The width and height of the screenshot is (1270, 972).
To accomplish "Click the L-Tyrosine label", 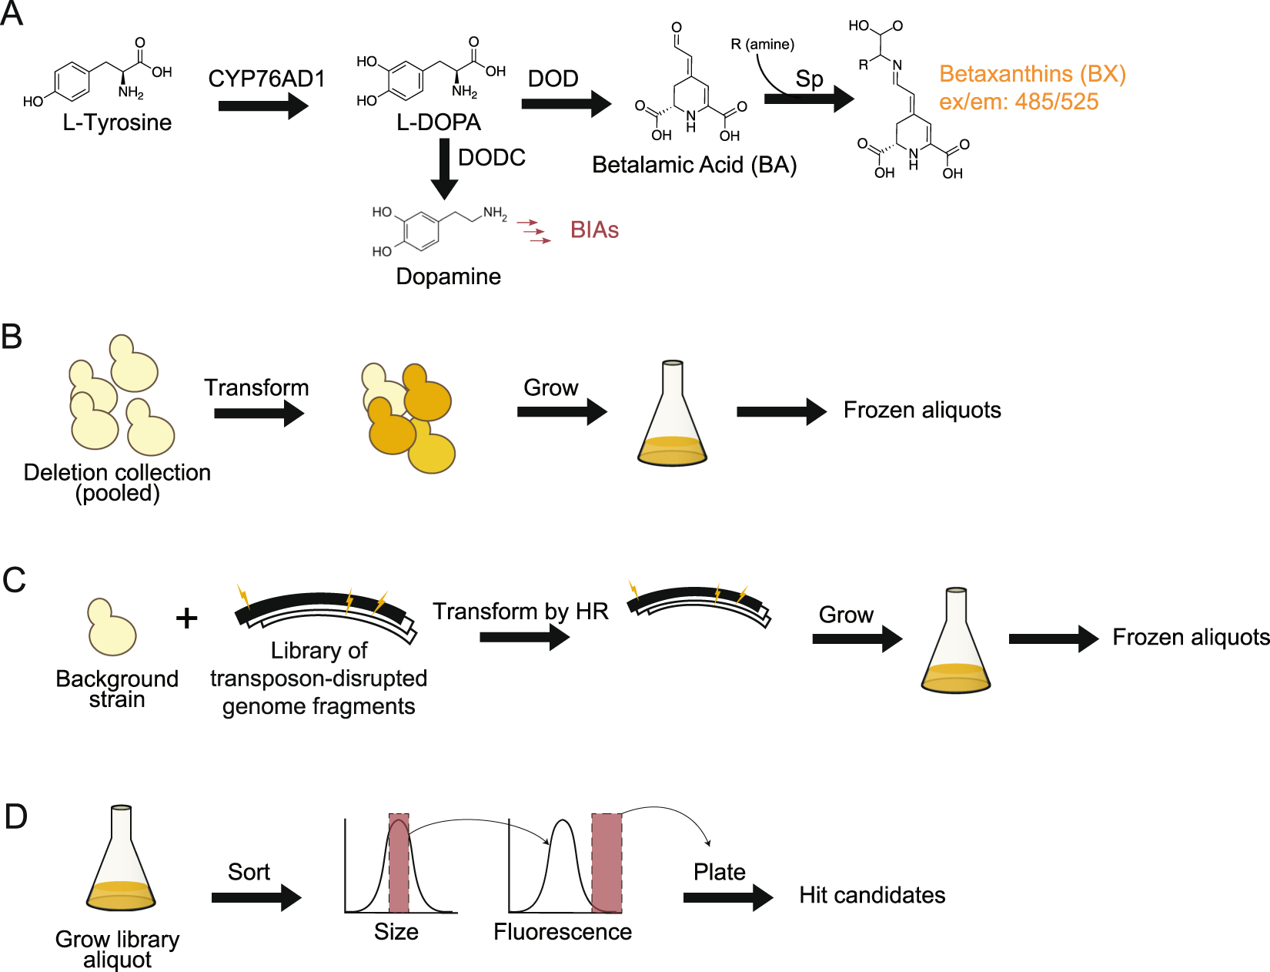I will [x=117, y=122].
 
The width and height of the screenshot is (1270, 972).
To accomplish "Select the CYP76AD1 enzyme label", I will [x=266, y=79].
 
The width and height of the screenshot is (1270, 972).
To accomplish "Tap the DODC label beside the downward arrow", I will [x=491, y=158].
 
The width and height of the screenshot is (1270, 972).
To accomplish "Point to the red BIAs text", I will [x=594, y=230].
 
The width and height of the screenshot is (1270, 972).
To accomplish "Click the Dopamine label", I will [x=448, y=277].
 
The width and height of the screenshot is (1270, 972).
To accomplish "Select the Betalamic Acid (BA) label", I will [x=693, y=165].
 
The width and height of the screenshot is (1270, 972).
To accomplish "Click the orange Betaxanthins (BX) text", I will [x=1031, y=74].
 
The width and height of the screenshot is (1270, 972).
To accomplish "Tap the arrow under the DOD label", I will [x=565, y=104].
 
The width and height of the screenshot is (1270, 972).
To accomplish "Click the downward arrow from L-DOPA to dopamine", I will [x=444, y=168].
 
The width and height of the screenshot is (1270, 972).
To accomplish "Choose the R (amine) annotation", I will [x=762, y=45].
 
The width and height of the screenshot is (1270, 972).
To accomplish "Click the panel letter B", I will [x=12, y=337].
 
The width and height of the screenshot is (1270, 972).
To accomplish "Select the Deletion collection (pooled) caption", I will [x=117, y=482].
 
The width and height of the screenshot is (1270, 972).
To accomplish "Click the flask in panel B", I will [x=672, y=420].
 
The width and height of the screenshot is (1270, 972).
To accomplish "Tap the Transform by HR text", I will [x=520, y=612].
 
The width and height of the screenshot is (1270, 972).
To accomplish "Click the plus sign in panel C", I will [x=186, y=618].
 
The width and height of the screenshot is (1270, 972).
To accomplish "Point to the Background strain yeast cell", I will [x=112, y=628].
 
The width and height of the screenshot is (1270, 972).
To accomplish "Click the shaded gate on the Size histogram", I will [x=399, y=863].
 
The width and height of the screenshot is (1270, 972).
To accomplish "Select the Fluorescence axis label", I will [x=562, y=932].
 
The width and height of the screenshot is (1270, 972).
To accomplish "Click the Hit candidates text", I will [x=871, y=895].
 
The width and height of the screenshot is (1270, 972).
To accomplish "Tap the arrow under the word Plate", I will [x=727, y=897].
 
